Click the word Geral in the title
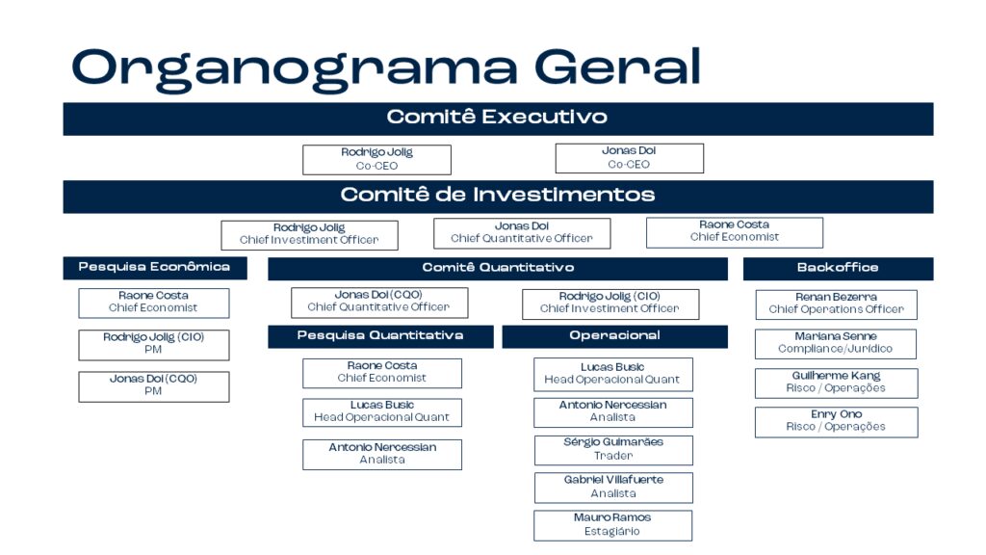617,66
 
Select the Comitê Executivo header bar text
497,117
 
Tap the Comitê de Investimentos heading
498,195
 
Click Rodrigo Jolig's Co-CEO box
376,160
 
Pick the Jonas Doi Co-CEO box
630,158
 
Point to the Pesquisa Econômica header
155,268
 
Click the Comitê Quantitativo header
498,268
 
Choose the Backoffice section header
838,268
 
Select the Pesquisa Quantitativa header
380,336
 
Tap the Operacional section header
614,336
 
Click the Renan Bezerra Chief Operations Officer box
837,304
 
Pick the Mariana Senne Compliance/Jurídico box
836,344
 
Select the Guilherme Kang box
837,383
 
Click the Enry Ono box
837,422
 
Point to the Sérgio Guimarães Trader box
613,450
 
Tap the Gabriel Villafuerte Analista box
613,488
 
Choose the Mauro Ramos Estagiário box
613,525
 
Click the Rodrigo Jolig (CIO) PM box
153,345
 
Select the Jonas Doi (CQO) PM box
153,386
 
